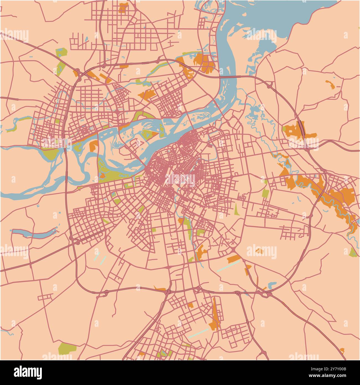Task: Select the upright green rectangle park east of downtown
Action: pyautogui.click(x=265, y=193)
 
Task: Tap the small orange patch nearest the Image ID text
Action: pyautogui.click(x=342, y=350)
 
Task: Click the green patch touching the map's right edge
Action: pyautogui.click(x=353, y=253)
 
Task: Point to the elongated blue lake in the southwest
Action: pyautogui.click(x=33, y=233)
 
